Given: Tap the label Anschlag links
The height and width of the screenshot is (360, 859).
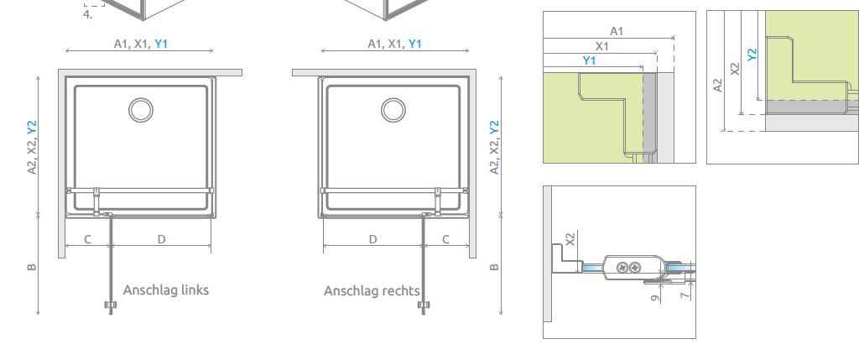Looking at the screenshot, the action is pyautogui.click(x=166, y=290).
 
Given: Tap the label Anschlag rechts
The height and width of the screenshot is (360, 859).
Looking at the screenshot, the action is pyautogui.click(x=372, y=291).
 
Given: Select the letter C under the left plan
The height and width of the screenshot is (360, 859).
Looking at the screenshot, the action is pyautogui.click(x=87, y=239).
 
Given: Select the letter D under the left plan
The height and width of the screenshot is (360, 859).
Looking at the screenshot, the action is pyautogui.click(x=161, y=239).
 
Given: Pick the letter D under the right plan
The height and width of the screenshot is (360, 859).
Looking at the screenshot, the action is pyautogui.click(x=372, y=239).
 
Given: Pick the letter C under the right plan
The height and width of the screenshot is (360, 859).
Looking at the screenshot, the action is pyautogui.click(x=446, y=239).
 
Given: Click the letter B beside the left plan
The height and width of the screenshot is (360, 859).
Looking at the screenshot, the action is pyautogui.click(x=32, y=268).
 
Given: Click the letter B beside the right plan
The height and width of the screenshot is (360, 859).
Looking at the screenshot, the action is pyautogui.click(x=494, y=268).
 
